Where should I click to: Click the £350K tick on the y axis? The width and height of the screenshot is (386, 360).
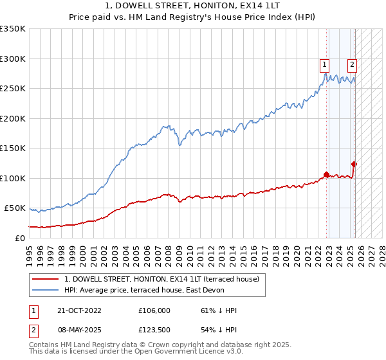(13, 29)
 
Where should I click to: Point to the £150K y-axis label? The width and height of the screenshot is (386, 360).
(13, 148)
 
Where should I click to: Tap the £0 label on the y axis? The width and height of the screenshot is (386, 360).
(20, 238)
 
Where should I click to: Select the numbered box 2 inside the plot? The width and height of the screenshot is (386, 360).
(353, 64)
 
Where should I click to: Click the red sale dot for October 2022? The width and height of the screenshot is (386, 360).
(326, 174)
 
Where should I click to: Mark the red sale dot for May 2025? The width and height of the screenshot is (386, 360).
(354, 164)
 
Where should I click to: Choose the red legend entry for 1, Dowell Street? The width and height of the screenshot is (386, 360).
(161, 279)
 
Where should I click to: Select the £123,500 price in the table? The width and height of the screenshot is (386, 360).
(154, 330)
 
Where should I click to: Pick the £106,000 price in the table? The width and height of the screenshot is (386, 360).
(154, 310)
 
